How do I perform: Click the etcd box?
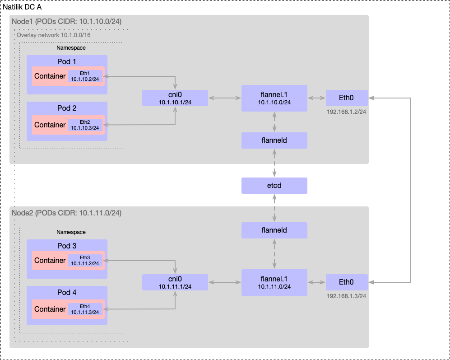[274, 186]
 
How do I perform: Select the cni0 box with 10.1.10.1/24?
[175, 98]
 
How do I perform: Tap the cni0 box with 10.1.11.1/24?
[175, 282]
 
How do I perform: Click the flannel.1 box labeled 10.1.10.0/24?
[274, 98]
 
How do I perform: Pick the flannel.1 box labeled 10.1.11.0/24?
[274, 282]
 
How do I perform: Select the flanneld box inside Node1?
[274, 140]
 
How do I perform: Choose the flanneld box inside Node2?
[274, 230]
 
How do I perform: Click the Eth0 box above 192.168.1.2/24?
[347, 98]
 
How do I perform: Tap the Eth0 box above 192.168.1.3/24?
[347, 282]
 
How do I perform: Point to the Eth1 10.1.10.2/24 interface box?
[85, 76]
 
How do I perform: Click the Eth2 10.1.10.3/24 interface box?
[85, 125]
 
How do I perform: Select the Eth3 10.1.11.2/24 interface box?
[85, 260]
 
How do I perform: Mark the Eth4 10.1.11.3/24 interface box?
[85, 309]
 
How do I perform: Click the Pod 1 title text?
[67, 61]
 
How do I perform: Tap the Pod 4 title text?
[67, 292]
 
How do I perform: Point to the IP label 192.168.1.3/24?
[347, 296]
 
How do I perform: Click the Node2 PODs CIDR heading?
[66, 213]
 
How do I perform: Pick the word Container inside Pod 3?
[50, 261]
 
